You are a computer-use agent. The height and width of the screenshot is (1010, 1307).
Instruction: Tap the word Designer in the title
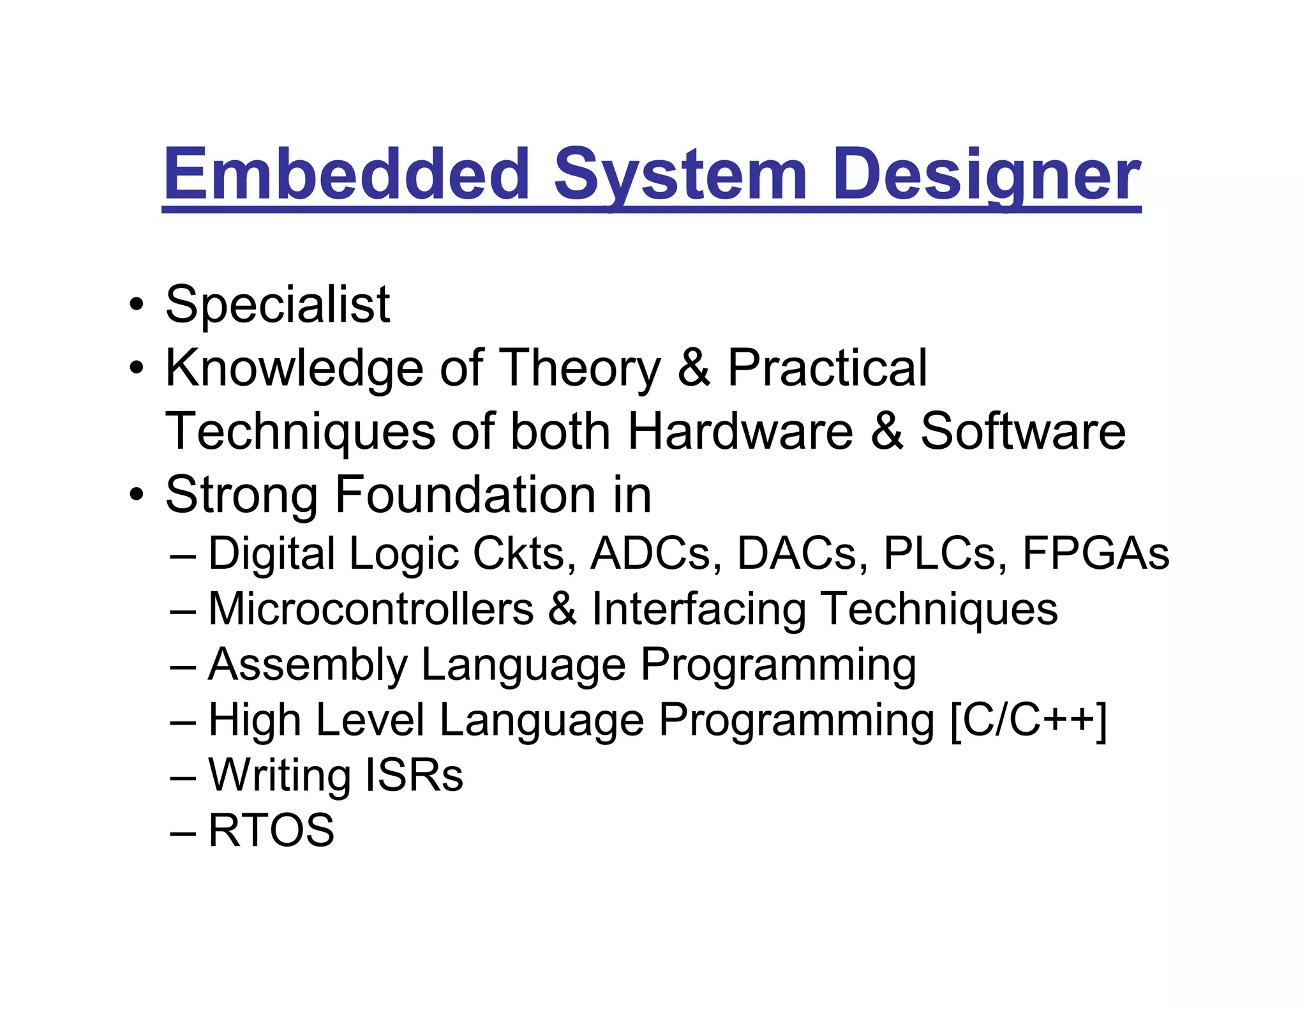[x=986, y=174]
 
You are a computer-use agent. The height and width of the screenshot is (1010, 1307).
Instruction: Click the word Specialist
[x=278, y=305]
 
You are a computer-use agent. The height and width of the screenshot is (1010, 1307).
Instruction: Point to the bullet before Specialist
[x=135, y=305]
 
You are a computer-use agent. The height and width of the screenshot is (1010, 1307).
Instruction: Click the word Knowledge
[x=294, y=368]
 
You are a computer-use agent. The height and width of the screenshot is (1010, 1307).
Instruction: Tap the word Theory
[x=579, y=368]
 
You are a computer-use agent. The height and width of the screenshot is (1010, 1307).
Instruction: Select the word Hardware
[x=740, y=431]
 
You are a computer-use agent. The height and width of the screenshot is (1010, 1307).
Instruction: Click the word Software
[x=1023, y=431]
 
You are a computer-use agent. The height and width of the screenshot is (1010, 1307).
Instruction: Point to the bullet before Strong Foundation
[x=135, y=495]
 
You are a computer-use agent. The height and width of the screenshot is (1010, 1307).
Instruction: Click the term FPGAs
[x=1096, y=553]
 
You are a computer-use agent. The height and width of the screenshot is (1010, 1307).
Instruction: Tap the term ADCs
[x=651, y=553]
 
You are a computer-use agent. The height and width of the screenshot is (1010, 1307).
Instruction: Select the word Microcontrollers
[x=371, y=608]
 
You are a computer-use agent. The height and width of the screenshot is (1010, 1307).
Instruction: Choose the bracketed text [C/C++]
[x=1028, y=721]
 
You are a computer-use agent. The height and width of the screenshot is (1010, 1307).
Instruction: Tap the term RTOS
[x=271, y=830]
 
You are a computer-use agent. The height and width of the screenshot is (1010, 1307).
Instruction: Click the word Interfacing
[x=699, y=608]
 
